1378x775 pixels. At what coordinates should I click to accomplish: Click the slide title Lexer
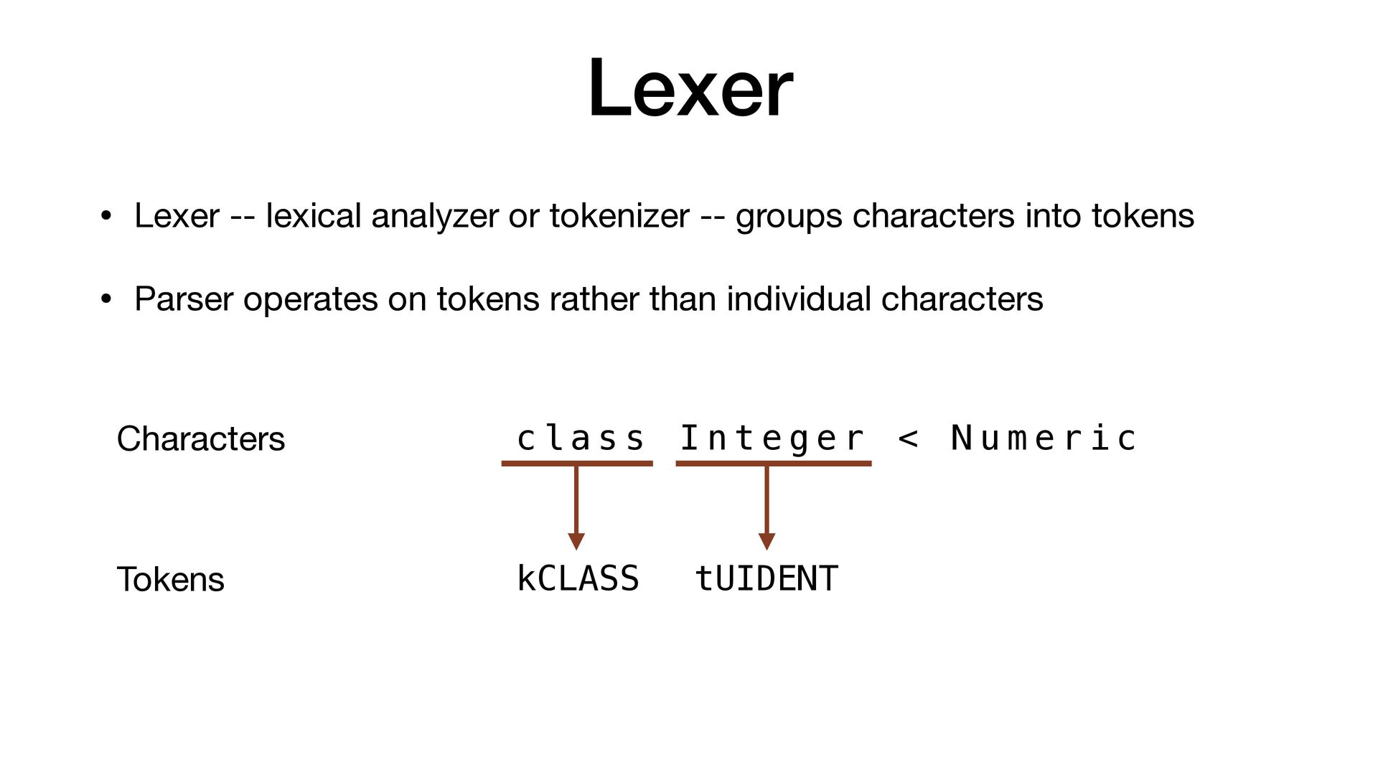[690, 88]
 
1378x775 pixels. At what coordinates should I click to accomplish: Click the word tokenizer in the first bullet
[619, 216]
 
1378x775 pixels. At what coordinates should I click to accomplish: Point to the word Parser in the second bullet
[183, 299]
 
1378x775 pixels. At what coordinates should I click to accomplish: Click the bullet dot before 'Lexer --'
[106, 216]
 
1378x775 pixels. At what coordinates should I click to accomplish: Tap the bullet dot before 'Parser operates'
[106, 299]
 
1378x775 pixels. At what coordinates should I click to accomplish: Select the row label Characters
[200, 438]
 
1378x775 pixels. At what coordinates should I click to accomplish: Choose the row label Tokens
[170, 579]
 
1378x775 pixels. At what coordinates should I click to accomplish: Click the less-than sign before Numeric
[908, 438]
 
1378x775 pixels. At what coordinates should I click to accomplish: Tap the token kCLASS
[578, 578]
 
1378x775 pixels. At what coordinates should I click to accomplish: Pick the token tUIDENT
[767, 578]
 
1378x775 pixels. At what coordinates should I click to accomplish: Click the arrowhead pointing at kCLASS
[576, 541]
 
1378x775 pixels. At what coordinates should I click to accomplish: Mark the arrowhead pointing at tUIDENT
[767, 541]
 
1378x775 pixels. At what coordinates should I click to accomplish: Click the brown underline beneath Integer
[773, 464]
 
